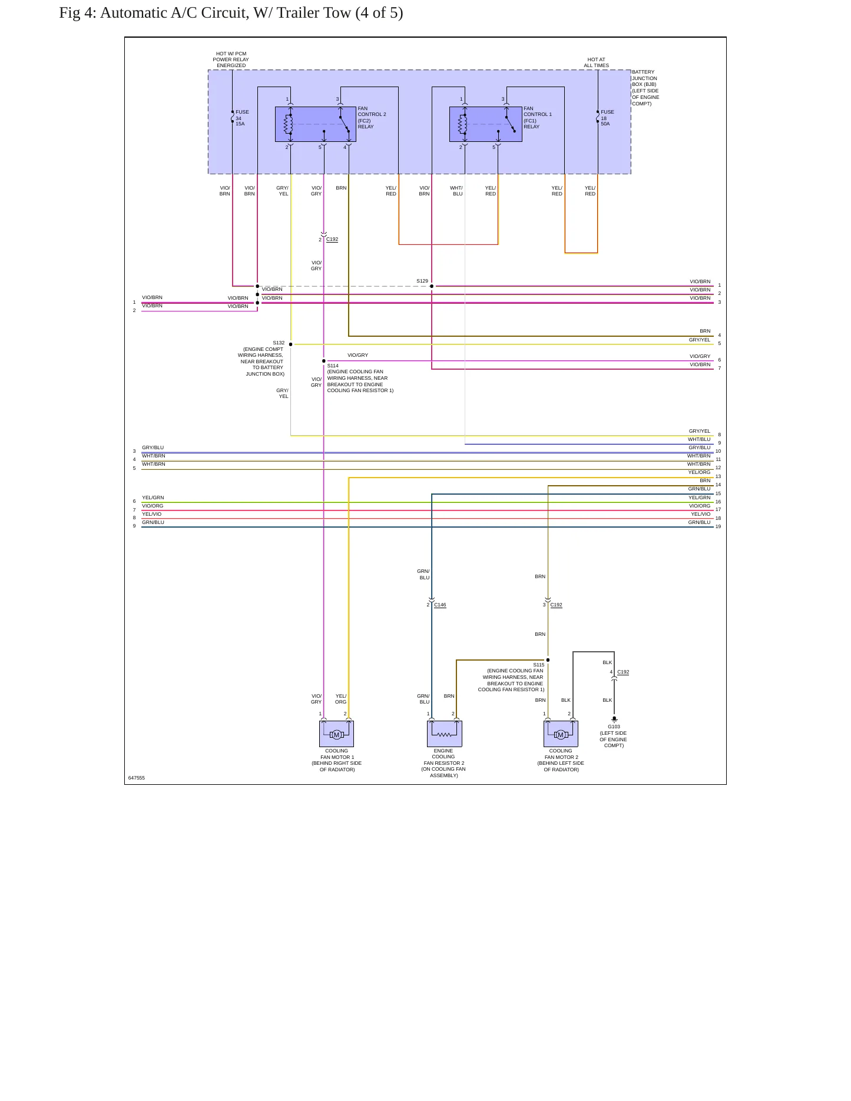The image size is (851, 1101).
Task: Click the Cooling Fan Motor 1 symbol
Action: tap(336, 734)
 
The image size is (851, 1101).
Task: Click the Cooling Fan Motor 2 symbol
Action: tap(561, 734)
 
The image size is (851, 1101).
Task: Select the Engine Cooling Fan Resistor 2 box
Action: tap(445, 734)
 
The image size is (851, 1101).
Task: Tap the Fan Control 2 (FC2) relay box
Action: tap(316, 124)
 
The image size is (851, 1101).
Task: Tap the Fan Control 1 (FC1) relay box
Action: tap(486, 124)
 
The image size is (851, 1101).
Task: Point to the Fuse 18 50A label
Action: tap(607, 118)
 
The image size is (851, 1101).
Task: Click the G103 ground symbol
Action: tap(614, 719)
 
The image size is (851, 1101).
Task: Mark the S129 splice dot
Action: tap(432, 286)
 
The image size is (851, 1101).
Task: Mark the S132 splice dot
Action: tap(290, 344)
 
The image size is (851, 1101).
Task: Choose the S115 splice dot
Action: tap(548, 660)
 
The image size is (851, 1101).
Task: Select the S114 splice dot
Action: tap(323, 361)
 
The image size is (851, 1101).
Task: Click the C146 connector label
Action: tap(440, 605)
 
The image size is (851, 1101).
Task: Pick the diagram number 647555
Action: tap(137, 778)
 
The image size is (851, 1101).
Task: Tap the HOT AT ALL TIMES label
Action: tap(597, 62)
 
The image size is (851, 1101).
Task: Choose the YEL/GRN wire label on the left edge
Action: tap(153, 498)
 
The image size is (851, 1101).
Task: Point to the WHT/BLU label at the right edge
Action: tap(699, 439)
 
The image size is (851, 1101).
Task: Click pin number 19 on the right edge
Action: tap(718, 526)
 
